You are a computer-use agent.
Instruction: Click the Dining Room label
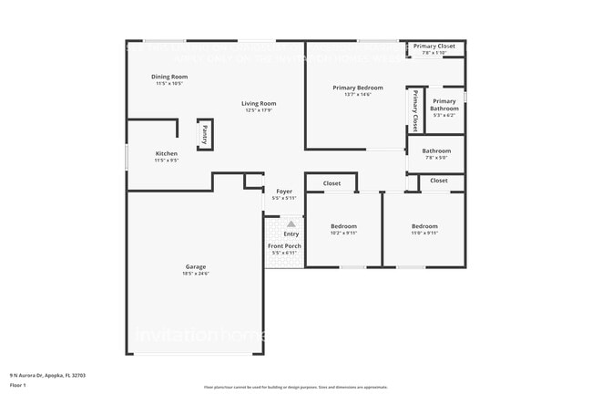169,77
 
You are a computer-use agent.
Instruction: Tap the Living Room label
259,103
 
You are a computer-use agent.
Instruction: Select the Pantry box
205,133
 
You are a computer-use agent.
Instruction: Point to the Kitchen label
166,153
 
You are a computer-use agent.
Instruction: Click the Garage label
196,266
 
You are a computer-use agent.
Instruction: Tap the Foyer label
284,192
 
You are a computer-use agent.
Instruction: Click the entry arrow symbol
291,223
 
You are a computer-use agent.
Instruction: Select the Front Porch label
284,246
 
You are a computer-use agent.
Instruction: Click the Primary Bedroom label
357,88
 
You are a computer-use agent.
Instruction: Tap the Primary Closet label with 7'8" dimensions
434,46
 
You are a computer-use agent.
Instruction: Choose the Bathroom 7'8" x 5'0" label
436,151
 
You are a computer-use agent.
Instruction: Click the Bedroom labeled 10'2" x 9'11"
343,226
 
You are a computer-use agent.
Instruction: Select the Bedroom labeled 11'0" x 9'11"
424,226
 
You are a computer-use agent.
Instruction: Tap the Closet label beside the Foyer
332,183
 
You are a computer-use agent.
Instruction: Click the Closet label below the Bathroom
439,181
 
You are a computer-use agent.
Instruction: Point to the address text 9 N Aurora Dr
42,374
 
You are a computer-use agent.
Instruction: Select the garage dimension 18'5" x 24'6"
196,273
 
